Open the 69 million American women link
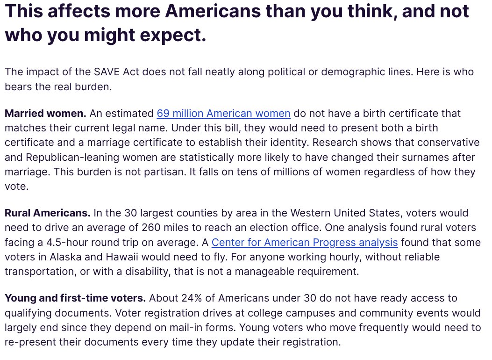click(223, 113)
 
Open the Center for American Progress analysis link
click(305, 242)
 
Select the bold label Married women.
click(45, 113)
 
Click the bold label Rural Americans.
click(48, 213)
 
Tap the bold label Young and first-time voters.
click(75, 298)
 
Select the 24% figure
click(192, 298)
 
